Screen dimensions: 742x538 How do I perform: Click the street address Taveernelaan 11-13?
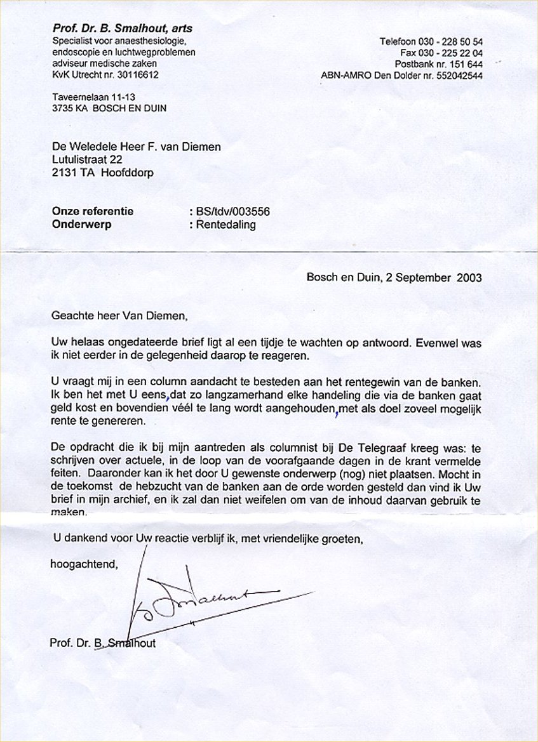tap(94, 97)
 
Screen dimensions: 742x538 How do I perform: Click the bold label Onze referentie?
tap(93, 212)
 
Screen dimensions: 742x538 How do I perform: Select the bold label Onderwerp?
tap(79, 225)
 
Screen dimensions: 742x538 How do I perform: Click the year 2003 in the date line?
tap(468, 277)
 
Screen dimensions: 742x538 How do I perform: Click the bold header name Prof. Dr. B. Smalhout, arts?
tap(122, 29)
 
